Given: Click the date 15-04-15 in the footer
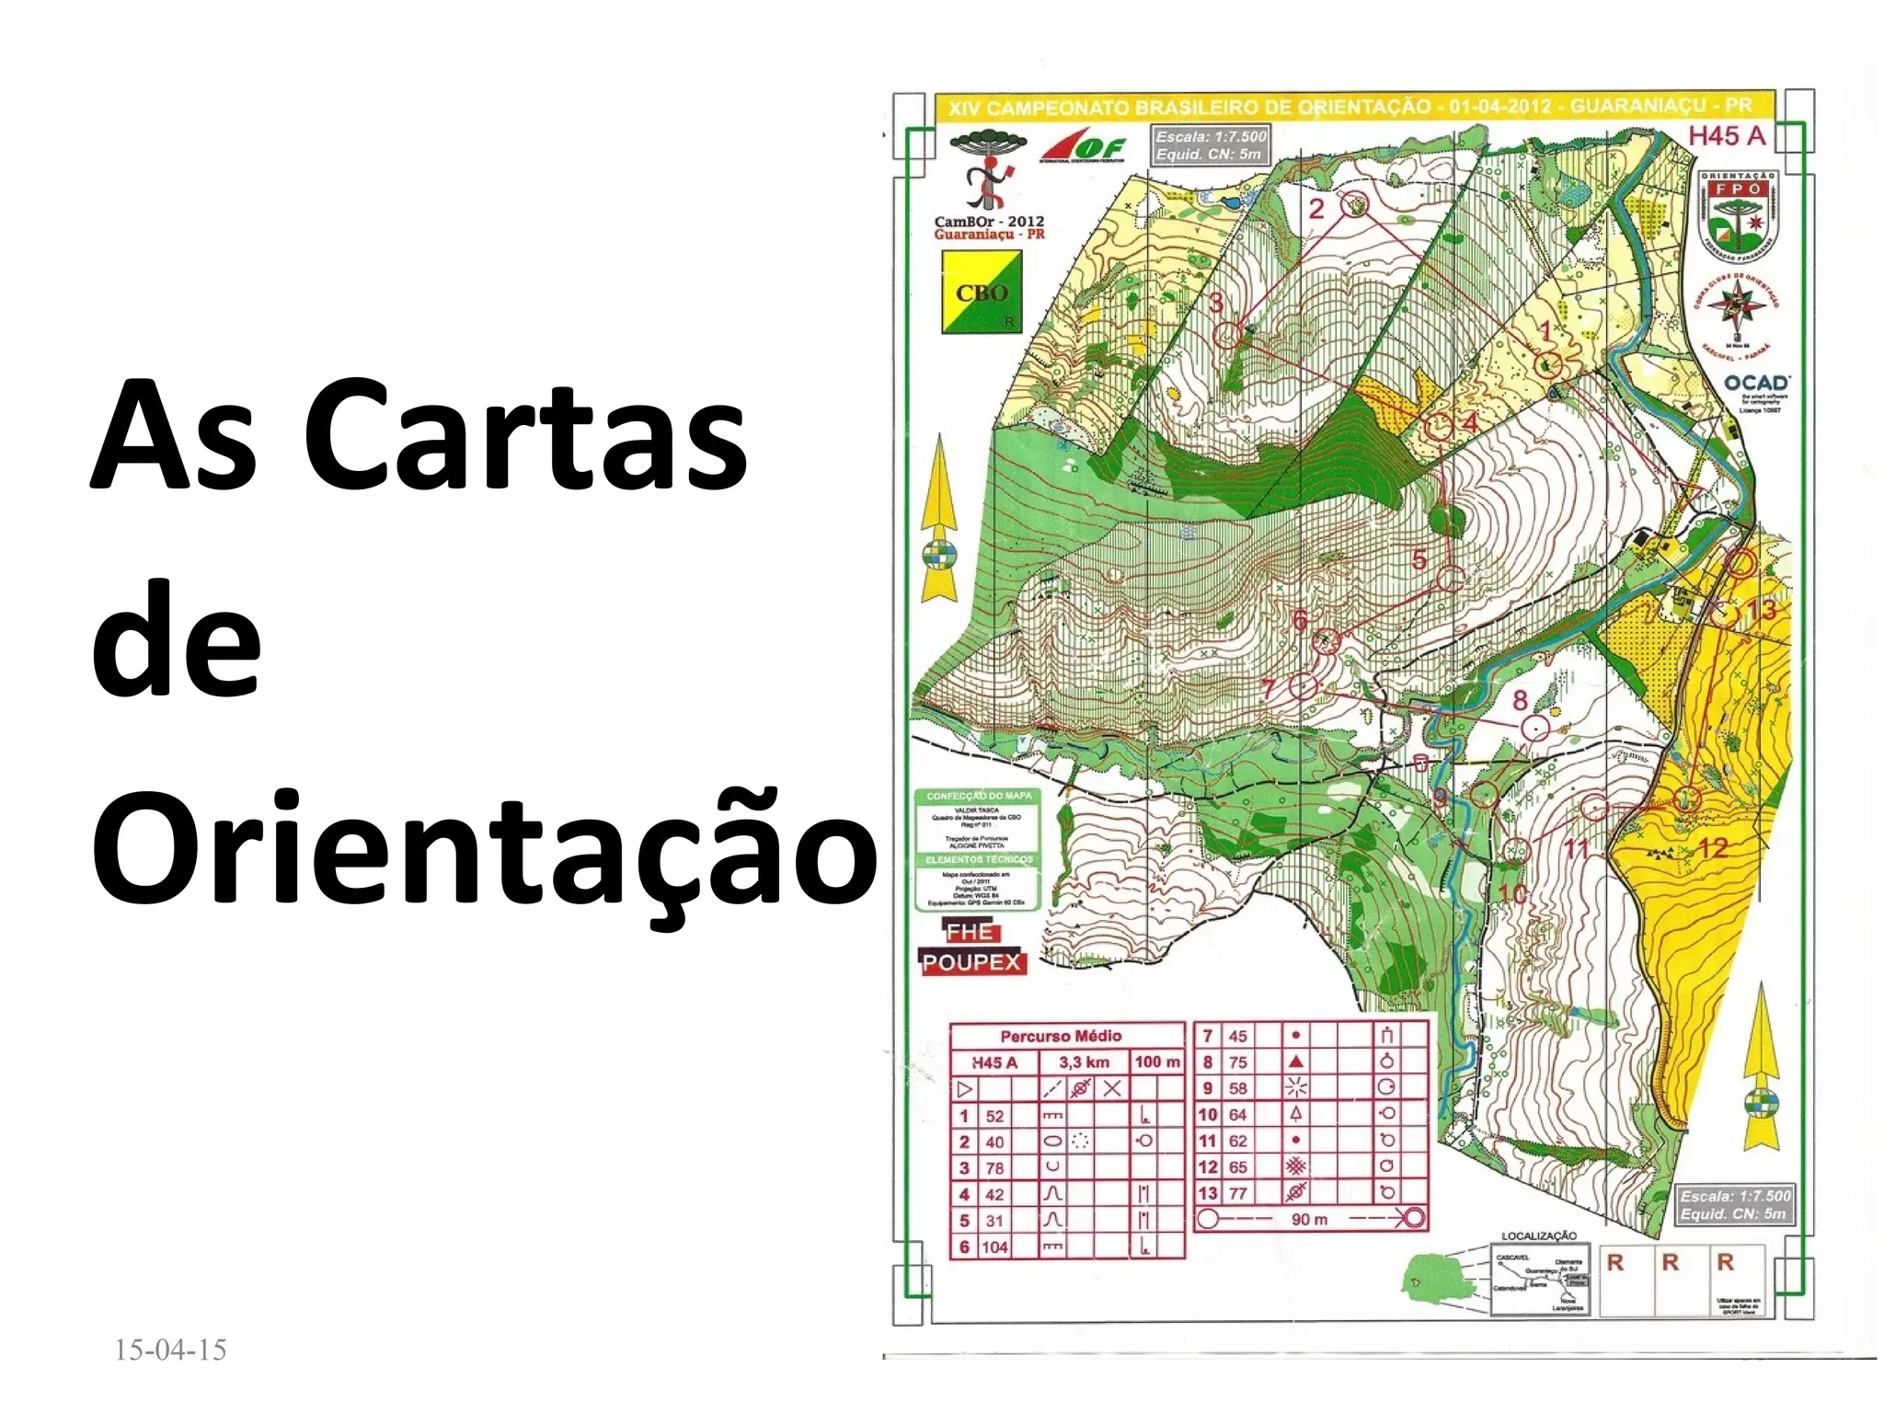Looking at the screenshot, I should pyautogui.click(x=170, y=1350).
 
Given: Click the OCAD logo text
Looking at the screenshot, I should pyautogui.click(x=1755, y=383).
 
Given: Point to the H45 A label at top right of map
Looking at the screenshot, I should pyautogui.click(x=1727, y=136).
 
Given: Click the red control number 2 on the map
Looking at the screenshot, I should pyautogui.click(x=1316, y=209).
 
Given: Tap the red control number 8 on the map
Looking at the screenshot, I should pyautogui.click(x=1520, y=701).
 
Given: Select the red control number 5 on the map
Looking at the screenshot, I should pyautogui.click(x=1419, y=558).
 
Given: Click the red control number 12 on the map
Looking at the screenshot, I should pyautogui.click(x=1712, y=847).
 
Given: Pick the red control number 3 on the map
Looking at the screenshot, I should pyautogui.click(x=1216, y=302).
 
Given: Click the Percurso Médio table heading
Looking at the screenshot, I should pyautogui.click(x=1061, y=1036).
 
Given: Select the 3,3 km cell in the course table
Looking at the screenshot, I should pyautogui.click(x=1084, y=1063).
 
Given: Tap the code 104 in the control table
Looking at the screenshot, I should pyautogui.click(x=994, y=1247).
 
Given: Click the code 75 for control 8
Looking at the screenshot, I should pyautogui.click(x=1238, y=1062).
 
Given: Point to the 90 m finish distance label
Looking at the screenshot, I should pyautogui.click(x=1309, y=1219).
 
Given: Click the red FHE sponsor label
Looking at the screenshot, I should pyautogui.click(x=970, y=932).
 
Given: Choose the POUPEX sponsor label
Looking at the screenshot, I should pyautogui.click(x=972, y=963).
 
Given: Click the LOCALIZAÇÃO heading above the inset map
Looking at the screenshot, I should pyautogui.click(x=1539, y=1235).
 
